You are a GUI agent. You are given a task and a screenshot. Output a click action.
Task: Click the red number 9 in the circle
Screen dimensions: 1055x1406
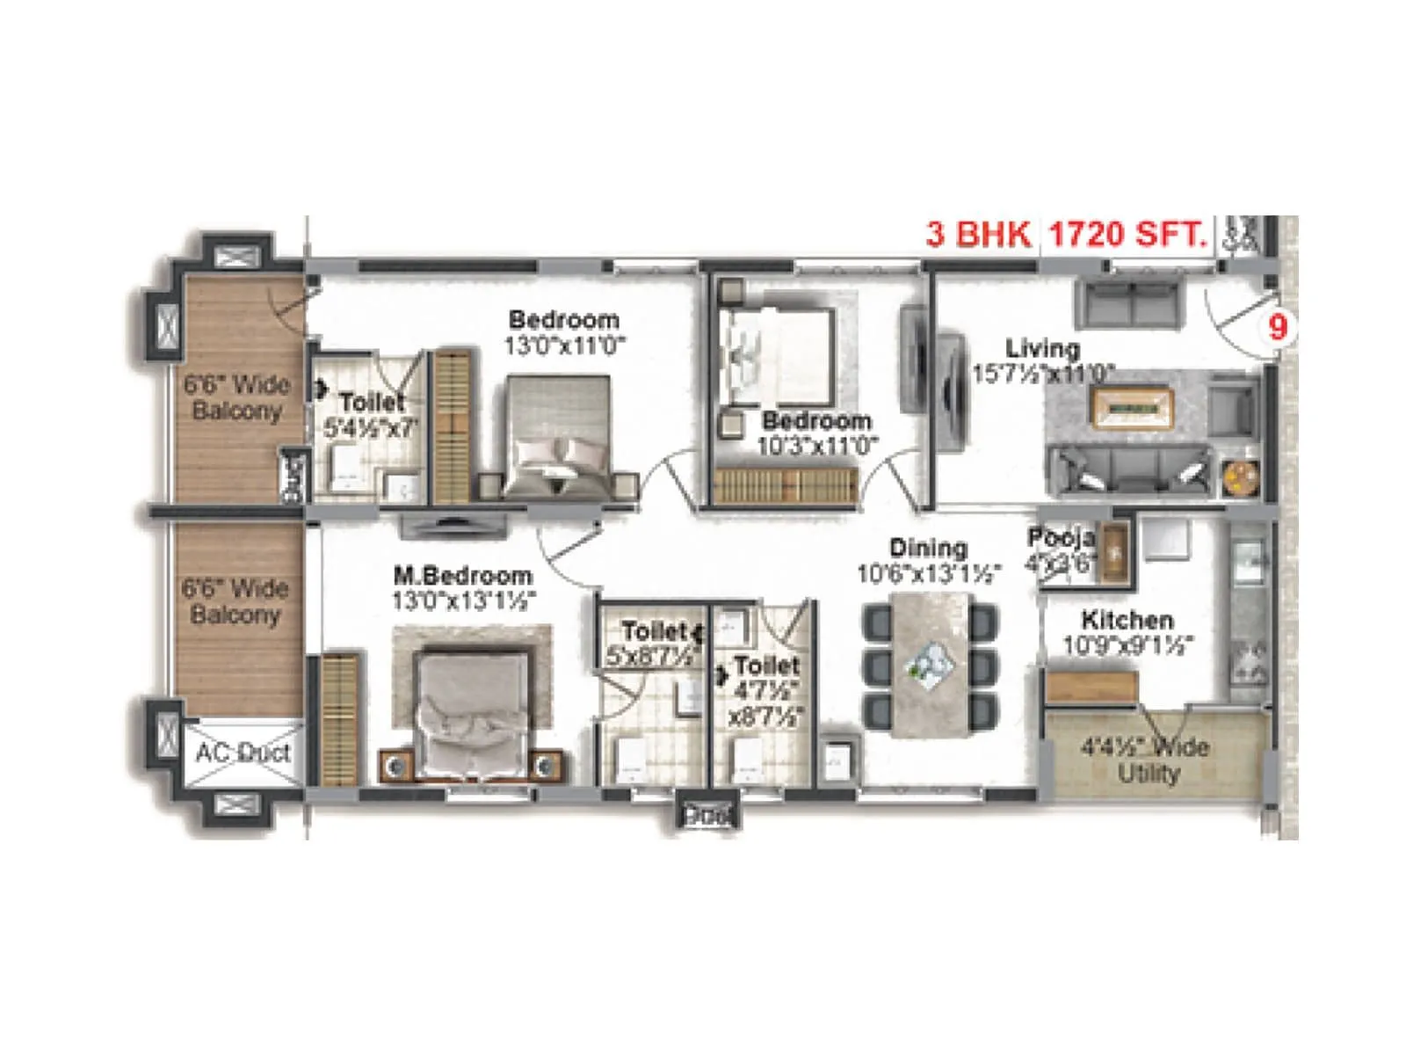tap(1278, 327)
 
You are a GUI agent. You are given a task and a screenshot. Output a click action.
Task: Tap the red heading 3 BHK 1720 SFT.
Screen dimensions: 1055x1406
tap(1066, 235)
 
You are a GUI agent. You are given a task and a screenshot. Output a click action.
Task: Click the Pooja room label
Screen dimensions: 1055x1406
tap(1060, 537)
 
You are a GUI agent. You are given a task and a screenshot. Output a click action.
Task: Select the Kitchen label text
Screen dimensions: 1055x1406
tap(1127, 620)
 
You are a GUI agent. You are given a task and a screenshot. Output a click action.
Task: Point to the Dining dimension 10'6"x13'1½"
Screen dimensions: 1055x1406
tap(930, 575)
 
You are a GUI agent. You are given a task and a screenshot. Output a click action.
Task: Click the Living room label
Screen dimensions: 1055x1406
tap(1042, 348)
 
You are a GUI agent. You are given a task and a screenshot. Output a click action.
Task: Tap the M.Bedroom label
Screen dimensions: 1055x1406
tap(462, 576)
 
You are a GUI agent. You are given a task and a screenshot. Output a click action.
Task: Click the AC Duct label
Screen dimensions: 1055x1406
tap(243, 753)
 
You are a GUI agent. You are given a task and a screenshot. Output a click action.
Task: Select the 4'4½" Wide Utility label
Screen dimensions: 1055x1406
tap(1145, 760)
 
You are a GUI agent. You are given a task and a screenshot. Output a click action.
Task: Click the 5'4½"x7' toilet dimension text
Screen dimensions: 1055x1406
tap(371, 429)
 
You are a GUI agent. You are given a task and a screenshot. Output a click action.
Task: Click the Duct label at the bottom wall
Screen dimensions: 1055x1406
tap(707, 816)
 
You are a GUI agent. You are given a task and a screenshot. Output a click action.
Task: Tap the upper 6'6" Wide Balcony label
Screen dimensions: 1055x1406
tap(236, 397)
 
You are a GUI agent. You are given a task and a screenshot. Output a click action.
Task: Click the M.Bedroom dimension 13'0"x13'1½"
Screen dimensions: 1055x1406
tap(464, 600)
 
